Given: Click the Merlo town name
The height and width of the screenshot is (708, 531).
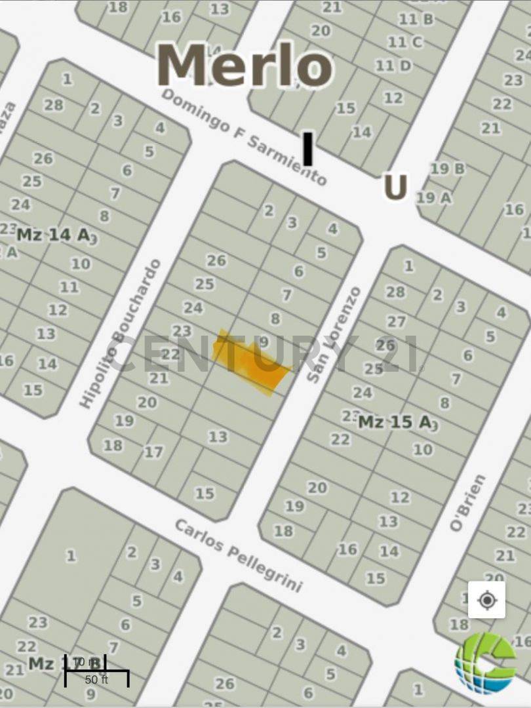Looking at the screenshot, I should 245,66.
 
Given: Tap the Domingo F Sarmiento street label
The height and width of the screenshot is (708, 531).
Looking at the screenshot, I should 244,137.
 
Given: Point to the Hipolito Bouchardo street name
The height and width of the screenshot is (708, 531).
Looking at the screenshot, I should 121,334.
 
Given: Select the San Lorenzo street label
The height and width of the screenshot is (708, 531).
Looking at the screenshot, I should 334,334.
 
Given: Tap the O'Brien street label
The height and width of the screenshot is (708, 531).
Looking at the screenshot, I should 468,502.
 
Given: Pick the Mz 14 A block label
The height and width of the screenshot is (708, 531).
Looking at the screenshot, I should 52,235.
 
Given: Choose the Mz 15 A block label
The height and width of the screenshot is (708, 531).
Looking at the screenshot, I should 394,422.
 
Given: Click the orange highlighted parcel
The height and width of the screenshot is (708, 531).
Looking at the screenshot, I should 252,362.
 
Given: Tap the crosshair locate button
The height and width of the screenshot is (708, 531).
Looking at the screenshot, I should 486,600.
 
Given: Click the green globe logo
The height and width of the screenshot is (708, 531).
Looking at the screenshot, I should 486,662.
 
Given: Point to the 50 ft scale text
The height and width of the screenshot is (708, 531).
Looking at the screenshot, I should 96,680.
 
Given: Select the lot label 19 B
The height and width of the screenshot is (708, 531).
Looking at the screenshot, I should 448,169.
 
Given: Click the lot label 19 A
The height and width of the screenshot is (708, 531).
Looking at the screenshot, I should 435,197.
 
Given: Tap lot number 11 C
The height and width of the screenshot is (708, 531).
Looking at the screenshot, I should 404,43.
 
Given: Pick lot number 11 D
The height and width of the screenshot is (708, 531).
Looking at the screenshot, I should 393,66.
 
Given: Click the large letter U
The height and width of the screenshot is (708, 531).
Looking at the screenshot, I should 395,187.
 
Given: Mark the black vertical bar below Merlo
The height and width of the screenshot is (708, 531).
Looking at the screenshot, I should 307,148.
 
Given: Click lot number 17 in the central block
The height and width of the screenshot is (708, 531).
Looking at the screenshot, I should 153,452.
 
